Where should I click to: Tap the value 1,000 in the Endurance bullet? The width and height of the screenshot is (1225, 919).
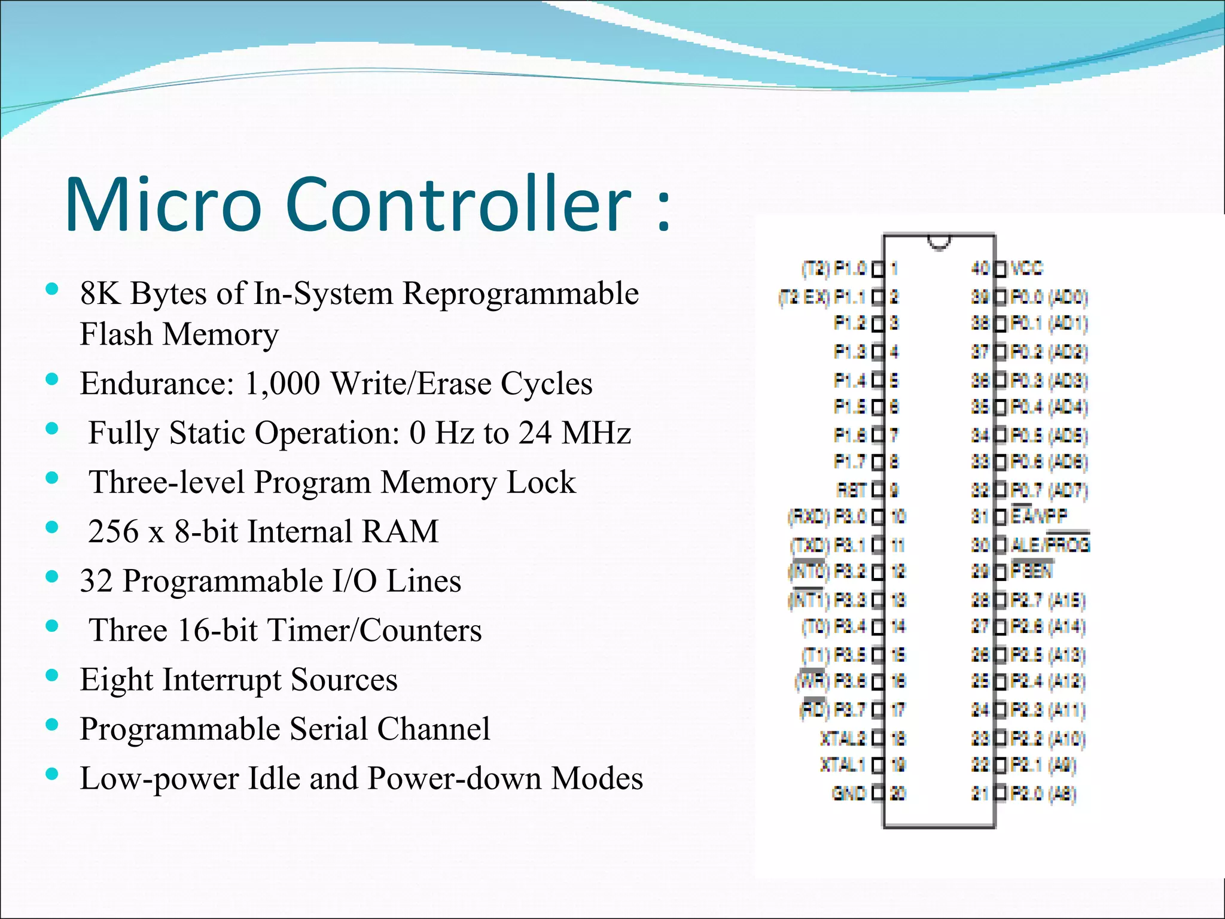(x=282, y=384)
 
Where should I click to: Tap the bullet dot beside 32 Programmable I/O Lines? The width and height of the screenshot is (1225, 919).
(x=52, y=577)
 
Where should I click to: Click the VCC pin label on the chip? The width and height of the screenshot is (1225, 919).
(x=1026, y=268)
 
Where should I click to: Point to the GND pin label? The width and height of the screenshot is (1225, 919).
(x=849, y=793)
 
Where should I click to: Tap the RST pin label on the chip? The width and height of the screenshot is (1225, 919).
(x=852, y=490)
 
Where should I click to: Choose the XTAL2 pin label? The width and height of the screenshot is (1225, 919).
(x=843, y=738)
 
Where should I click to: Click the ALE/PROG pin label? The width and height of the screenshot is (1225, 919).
(x=1050, y=544)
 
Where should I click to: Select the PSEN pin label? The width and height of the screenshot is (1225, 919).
(x=1031, y=571)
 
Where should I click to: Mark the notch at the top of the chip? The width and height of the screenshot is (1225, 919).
(x=938, y=242)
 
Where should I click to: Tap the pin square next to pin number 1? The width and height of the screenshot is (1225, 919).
(x=878, y=269)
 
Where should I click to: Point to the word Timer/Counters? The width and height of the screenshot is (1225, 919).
(x=375, y=630)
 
